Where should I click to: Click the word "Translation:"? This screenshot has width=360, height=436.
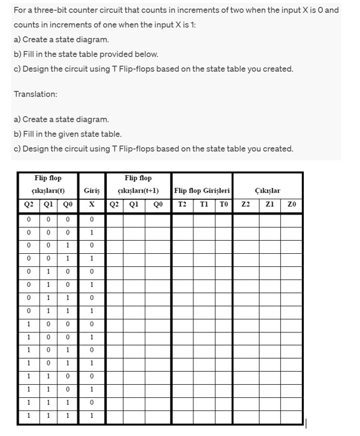point(35,94)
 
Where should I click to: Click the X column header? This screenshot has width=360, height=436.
point(91,205)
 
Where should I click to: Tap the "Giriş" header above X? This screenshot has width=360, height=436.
point(91,190)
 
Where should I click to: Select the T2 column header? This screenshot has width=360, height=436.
point(182,205)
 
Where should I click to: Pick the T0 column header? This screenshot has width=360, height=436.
point(223,205)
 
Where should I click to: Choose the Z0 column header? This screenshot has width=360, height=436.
point(291,205)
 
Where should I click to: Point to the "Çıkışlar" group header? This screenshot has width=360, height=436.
point(268,190)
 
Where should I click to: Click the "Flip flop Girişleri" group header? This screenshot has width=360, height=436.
point(202,190)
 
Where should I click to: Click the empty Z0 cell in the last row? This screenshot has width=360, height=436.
point(291,416)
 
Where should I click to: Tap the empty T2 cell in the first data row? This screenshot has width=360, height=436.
point(182,219)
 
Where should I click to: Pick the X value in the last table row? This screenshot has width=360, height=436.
point(91,416)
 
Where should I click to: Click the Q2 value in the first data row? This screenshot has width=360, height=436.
point(29,219)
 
